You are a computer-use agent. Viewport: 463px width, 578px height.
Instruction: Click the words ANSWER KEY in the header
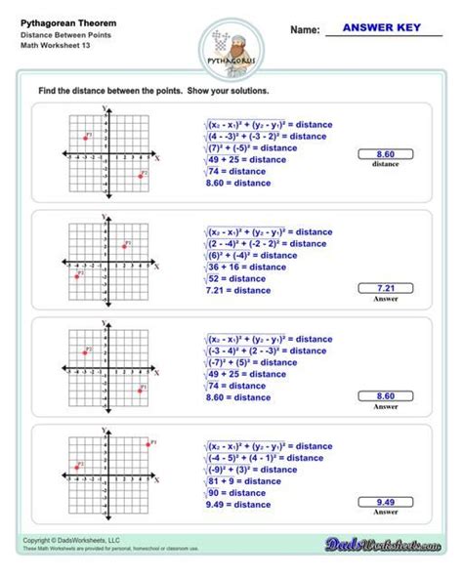[382, 29]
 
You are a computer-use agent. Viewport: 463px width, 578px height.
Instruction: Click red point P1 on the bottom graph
[147, 444]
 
